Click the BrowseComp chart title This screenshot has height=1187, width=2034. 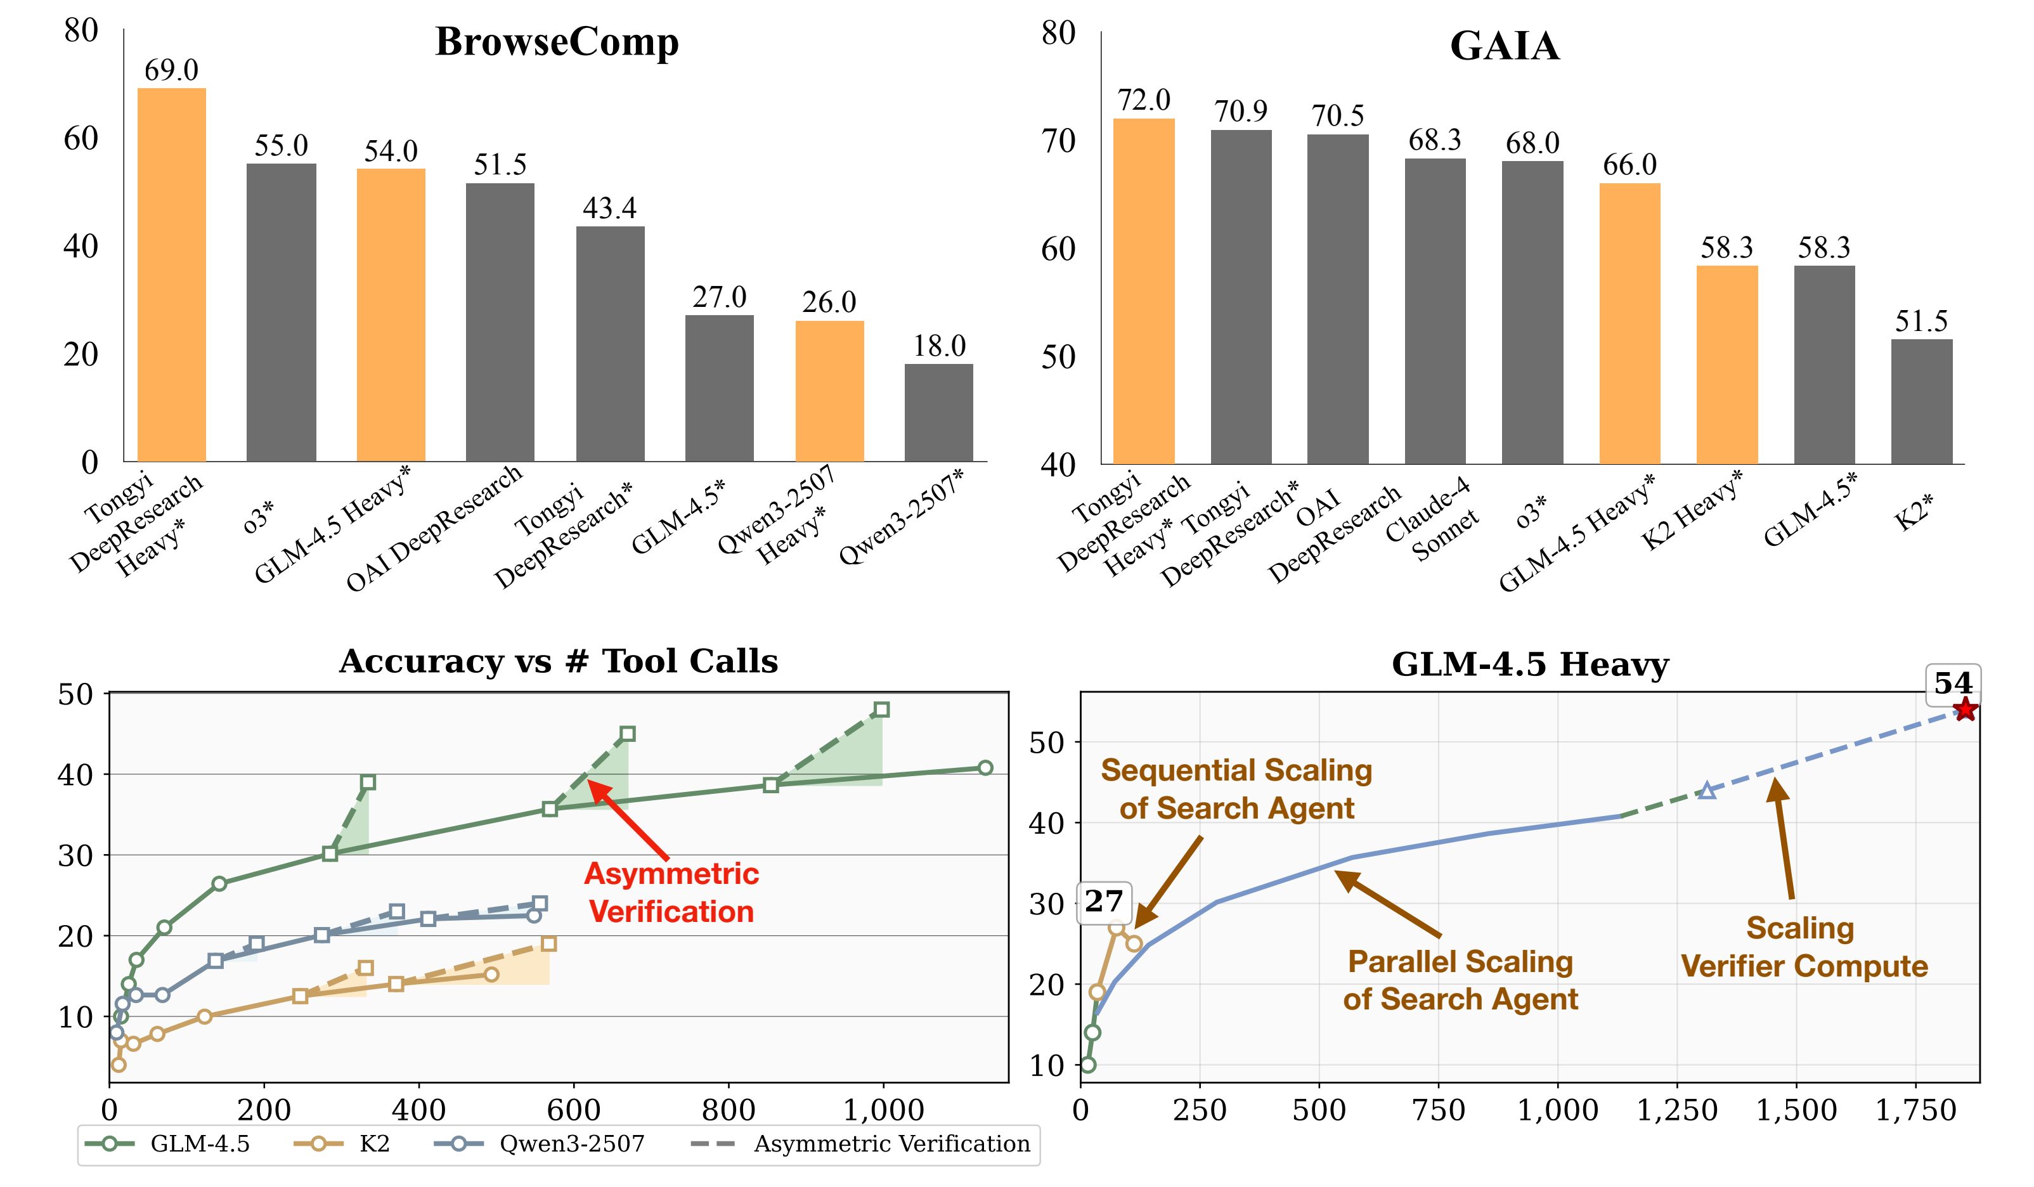click(x=557, y=42)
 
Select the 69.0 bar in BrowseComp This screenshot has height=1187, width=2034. click(x=171, y=275)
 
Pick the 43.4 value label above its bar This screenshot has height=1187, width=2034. click(x=609, y=208)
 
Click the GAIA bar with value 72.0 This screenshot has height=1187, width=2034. click(x=1144, y=290)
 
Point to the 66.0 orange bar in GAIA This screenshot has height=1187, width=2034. click(x=1629, y=323)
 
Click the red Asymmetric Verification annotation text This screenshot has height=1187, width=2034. click(x=671, y=892)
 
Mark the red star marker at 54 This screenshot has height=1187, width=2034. click(x=1966, y=710)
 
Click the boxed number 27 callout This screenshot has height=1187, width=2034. click(x=1104, y=901)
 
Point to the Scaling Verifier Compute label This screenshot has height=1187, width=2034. click(x=1804, y=947)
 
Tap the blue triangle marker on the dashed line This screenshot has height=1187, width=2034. click(x=1706, y=791)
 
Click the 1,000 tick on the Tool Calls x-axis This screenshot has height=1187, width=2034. click(x=883, y=1110)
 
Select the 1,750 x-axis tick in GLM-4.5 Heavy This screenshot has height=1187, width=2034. click(x=1915, y=1110)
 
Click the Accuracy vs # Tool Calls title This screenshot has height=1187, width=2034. click(x=559, y=662)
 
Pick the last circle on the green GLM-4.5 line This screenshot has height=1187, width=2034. click(x=985, y=767)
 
